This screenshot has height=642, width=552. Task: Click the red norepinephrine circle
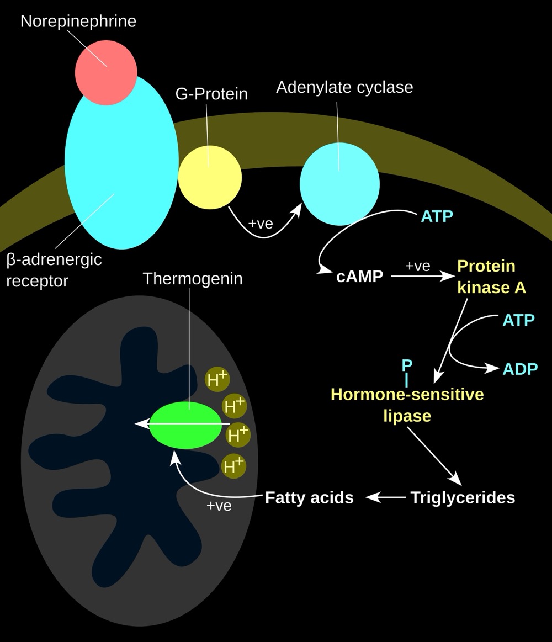(x=106, y=74)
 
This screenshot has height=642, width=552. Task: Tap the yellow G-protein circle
(x=210, y=177)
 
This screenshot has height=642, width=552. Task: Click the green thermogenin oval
(x=184, y=425)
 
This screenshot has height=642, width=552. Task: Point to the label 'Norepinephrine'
(x=78, y=22)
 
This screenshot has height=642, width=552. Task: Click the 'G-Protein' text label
(x=211, y=94)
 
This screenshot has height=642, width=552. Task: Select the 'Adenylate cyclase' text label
(x=344, y=87)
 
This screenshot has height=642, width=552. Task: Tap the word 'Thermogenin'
(x=193, y=279)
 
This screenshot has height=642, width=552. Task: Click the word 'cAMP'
(x=359, y=276)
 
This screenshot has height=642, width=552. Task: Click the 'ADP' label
(x=520, y=369)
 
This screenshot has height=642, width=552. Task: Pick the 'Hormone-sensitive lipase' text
(x=407, y=405)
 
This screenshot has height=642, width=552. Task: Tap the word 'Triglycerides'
(x=463, y=497)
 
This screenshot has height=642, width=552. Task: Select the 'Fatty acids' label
(x=309, y=497)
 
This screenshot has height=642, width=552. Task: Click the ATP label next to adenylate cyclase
(x=437, y=216)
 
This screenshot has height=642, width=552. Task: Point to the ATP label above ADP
(x=518, y=320)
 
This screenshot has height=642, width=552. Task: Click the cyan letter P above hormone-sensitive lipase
(x=407, y=365)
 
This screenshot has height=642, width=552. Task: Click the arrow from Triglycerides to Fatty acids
(x=385, y=497)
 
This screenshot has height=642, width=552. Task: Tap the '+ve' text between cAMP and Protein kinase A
(x=417, y=266)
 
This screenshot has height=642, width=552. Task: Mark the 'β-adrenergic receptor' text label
(x=54, y=269)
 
